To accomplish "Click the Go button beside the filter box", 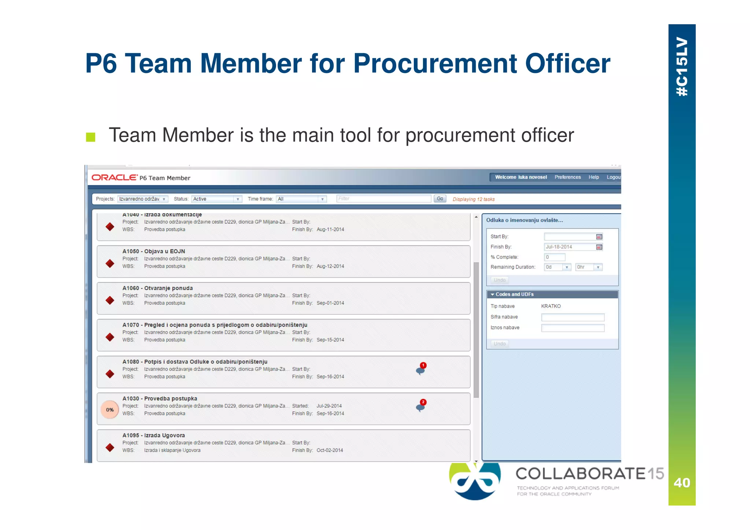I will (440, 199).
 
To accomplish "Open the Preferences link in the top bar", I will (567, 177).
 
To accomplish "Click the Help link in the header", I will (594, 177).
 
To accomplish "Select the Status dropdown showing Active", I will (216, 199).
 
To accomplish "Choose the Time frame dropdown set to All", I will (301, 199).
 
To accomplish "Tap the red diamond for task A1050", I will (110, 263).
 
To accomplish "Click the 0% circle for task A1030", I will (110, 410).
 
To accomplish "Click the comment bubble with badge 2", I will (421, 406).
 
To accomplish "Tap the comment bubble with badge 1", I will (421, 370).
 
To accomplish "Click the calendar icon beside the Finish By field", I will (599, 247).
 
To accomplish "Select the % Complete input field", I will (554, 257).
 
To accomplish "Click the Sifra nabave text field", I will (572, 317).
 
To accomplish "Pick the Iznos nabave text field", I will (572, 328).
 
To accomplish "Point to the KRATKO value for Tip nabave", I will (551, 306).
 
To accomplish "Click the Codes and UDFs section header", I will (515, 294).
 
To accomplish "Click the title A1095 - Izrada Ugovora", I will (153, 436).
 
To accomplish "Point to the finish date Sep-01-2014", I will (330, 303).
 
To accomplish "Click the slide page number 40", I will (682, 483).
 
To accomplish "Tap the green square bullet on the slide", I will (90, 137).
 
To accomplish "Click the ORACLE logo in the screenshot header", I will (115, 178).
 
